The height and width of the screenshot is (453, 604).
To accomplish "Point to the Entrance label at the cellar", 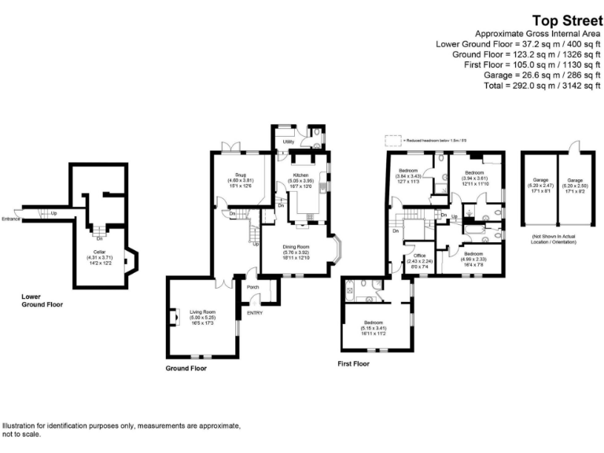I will click(11, 219).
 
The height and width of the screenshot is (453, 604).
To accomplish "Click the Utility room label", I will click(288, 142).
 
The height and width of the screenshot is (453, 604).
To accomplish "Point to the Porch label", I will click(253, 287).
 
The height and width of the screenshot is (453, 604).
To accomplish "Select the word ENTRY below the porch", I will click(255, 313).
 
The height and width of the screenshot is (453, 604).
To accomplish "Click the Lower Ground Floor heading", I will click(42, 300).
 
